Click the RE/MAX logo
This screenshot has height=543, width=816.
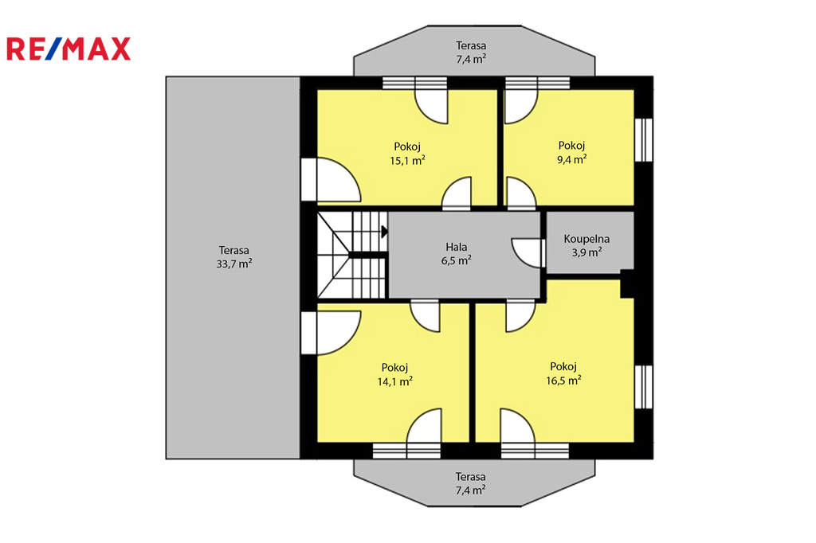[69, 49]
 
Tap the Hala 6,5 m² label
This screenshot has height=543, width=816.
[457, 253]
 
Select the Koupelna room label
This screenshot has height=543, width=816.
[586, 239]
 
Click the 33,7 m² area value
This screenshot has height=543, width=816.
[234, 264]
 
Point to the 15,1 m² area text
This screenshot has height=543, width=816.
[407, 160]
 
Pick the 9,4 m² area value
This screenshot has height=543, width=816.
[572, 159]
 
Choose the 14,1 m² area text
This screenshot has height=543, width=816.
[395, 381]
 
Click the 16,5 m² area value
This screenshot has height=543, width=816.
[563, 381]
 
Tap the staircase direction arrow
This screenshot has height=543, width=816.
[385, 232]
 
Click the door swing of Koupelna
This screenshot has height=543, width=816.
[528, 252]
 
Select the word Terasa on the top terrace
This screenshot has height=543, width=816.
[471, 45]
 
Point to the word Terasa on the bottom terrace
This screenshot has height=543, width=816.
[470, 476]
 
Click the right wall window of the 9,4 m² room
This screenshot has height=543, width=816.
[644, 140]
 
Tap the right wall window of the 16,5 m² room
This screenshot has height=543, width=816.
[644, 387]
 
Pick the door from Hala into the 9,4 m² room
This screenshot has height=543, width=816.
[521, 193]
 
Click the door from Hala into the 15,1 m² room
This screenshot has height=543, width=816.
[457, 193]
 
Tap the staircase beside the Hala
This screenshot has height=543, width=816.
[352, 255]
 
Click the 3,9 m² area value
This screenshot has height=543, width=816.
[587, 252]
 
